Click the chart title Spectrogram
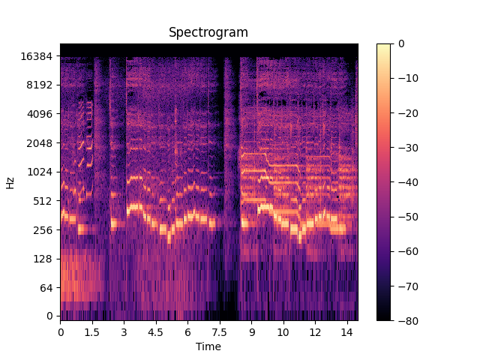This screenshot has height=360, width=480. [208, 32]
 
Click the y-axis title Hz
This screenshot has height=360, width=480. [10, 182]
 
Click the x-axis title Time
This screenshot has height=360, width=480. [208, 346]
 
